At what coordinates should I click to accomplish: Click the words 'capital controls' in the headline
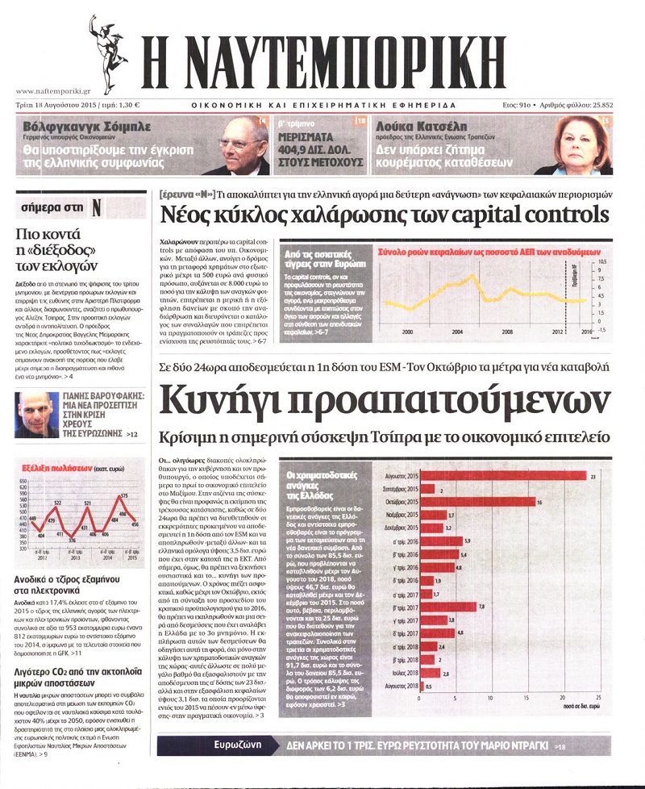[531, 215]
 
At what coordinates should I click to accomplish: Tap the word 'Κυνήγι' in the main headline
[223, 399]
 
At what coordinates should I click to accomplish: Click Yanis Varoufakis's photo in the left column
[37, 414]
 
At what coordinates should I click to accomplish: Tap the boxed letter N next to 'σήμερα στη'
[96, 207]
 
